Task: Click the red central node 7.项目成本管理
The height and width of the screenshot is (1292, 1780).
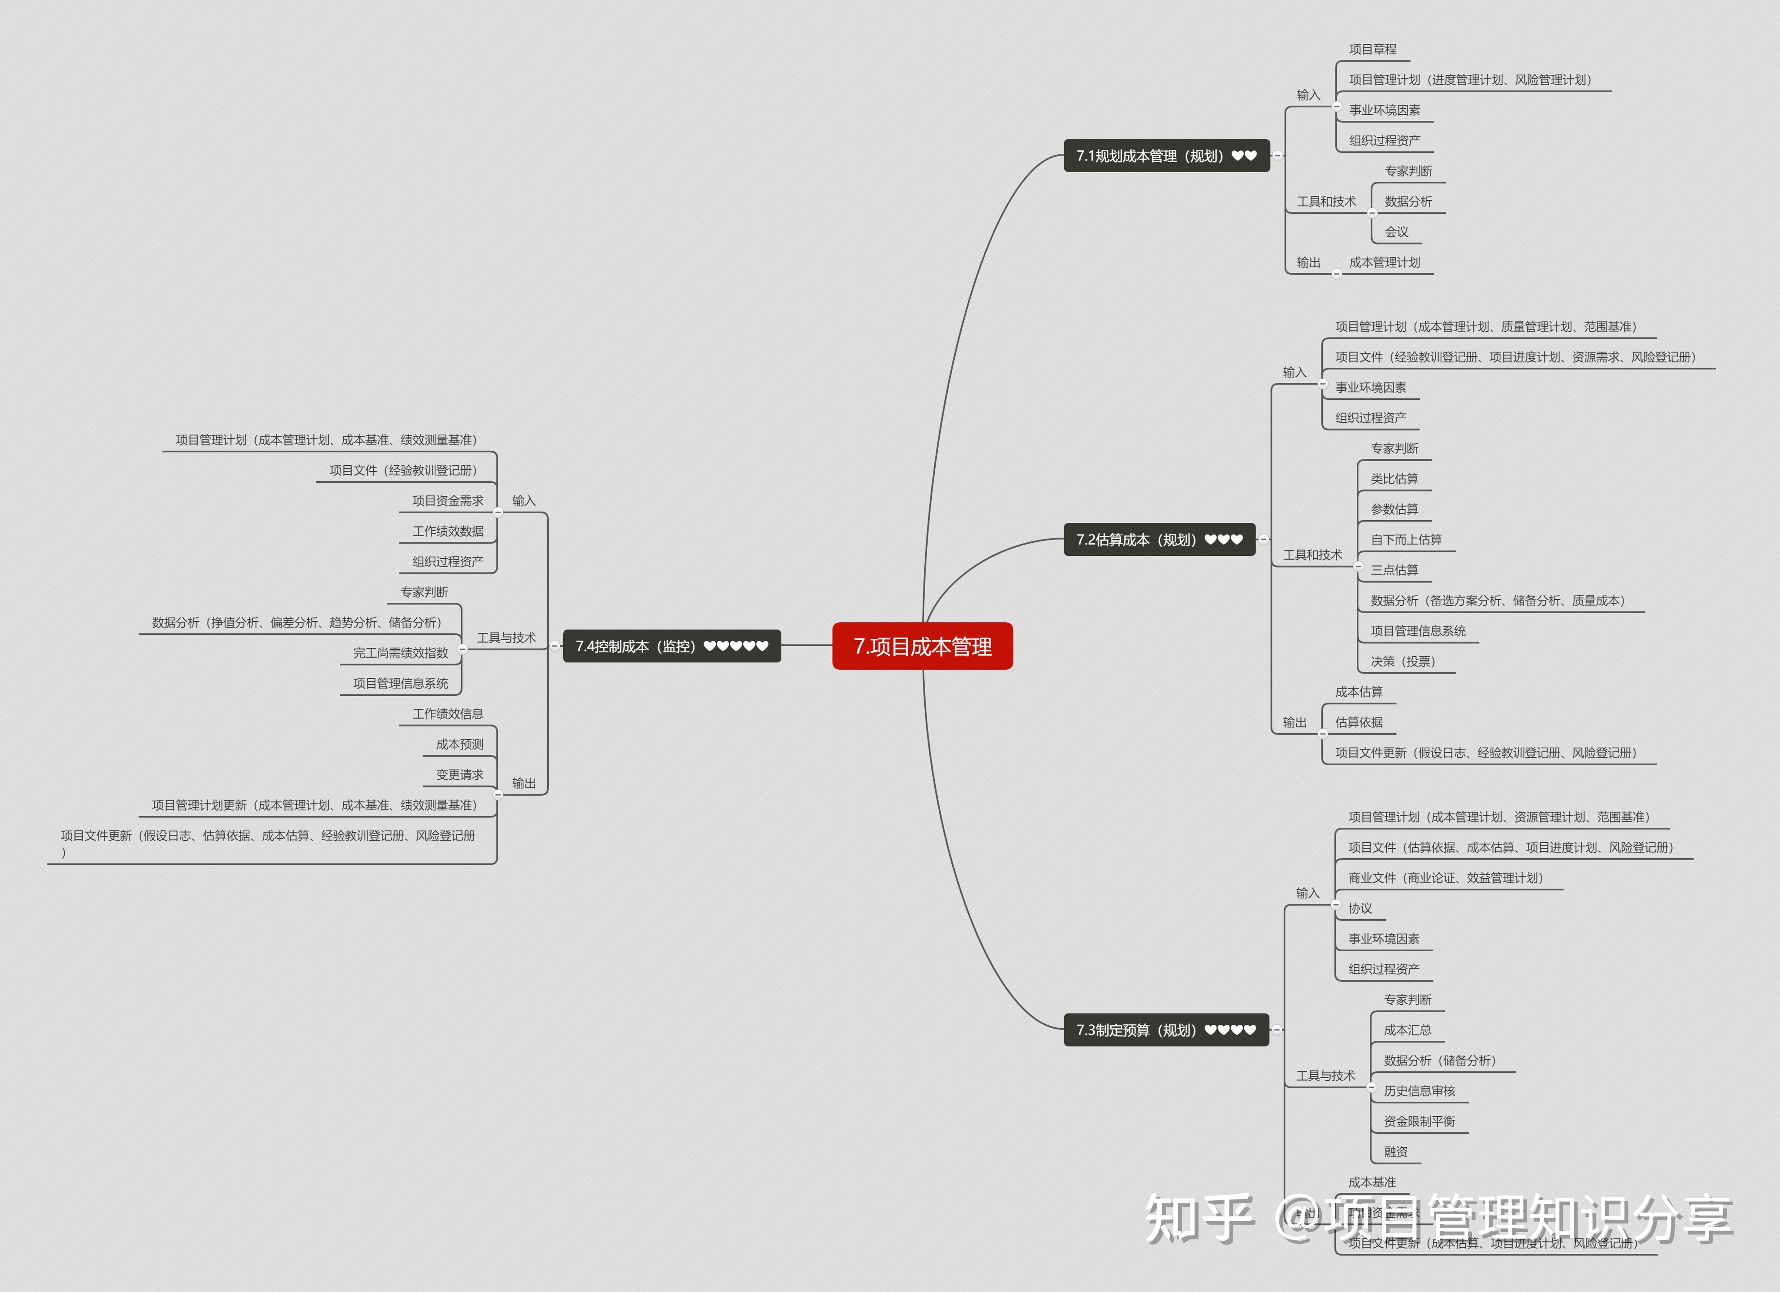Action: tap(922, 646)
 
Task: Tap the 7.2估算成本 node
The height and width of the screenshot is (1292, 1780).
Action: tap(1159, 539)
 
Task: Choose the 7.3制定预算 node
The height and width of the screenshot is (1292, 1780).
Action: tap(1166, 1030)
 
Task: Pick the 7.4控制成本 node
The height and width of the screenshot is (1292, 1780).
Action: tap(671, 646)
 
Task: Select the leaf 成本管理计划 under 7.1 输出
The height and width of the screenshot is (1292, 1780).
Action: tap(1385, 262)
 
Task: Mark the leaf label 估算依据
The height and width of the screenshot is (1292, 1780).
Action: tap(1358, 722)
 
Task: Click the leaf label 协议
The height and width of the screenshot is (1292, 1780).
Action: tap(1360, 908)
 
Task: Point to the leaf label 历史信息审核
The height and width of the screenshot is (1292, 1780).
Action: tap(1419, 1091)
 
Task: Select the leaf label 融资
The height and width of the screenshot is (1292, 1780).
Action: tap(1395, 1152)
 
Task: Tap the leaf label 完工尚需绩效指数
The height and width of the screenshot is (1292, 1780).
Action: tap(400, 653)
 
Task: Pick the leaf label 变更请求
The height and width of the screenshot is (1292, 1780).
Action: tap(459, 775)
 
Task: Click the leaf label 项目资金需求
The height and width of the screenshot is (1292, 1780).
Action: tap(447, 501)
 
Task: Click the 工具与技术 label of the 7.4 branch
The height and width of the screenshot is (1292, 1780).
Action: tap(506, 638)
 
